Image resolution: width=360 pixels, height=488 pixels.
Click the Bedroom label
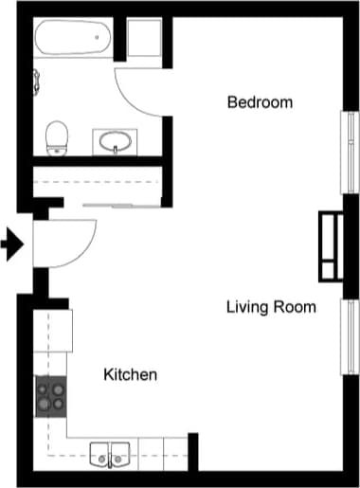[260, 101]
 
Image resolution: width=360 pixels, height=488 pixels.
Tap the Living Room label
[271, 307]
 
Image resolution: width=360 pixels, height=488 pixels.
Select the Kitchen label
[130, 375]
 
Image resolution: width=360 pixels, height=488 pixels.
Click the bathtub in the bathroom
[73, 41]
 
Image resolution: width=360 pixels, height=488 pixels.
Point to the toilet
[59, 136]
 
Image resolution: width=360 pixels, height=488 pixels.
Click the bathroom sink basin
[116, 143]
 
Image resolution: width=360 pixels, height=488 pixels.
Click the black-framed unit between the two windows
[329, 246]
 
